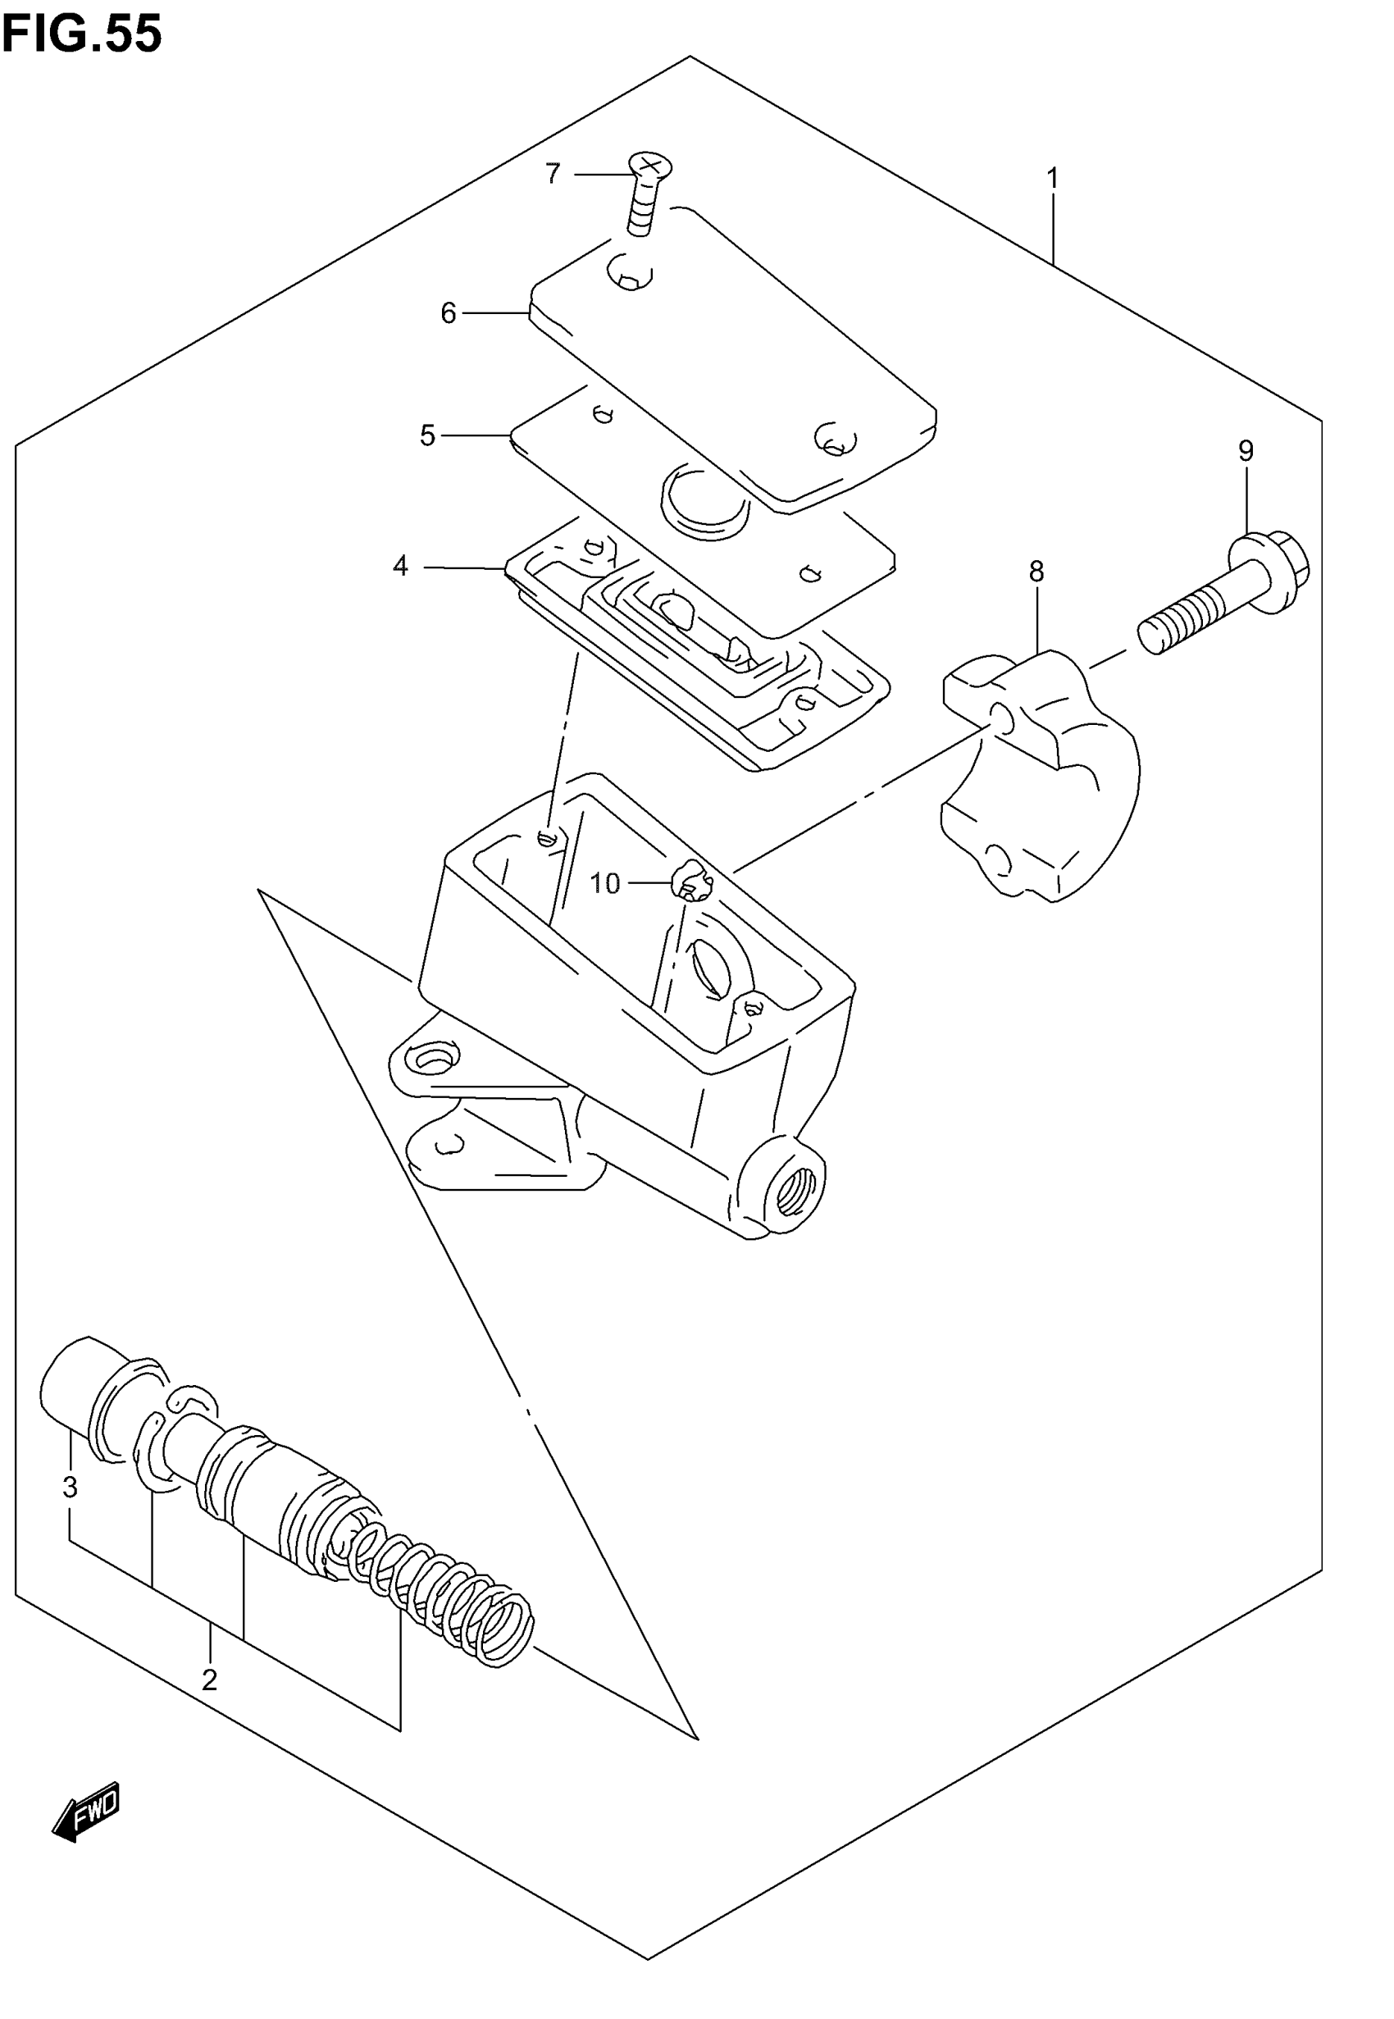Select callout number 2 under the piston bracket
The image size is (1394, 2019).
(x=210, y=1679)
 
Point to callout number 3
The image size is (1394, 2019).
(x=71, y=1485)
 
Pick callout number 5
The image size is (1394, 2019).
(x=427, y=435)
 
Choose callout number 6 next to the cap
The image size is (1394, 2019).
(x=448, y=312)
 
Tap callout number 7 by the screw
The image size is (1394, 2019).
(x=553, y=174)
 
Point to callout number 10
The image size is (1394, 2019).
(x=604, y=884)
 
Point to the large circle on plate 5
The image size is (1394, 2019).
(x=705, y=498)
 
